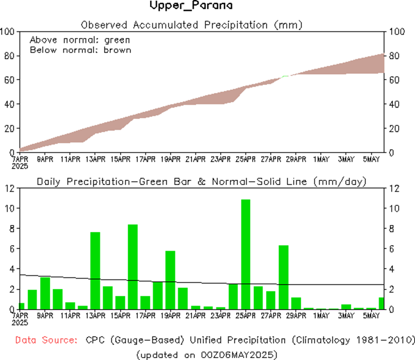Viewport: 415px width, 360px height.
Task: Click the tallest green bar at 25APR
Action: [x=246, y=254]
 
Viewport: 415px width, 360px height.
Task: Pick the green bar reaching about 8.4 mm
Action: [x=133, y=267]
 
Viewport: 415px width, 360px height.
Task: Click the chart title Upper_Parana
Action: [x=191, y=6]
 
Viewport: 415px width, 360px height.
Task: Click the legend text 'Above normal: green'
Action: [x=80, y=40]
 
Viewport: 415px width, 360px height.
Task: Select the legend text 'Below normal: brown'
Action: [x=81, y=50]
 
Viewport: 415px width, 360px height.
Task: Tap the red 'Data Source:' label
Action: [x=45, y=340]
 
